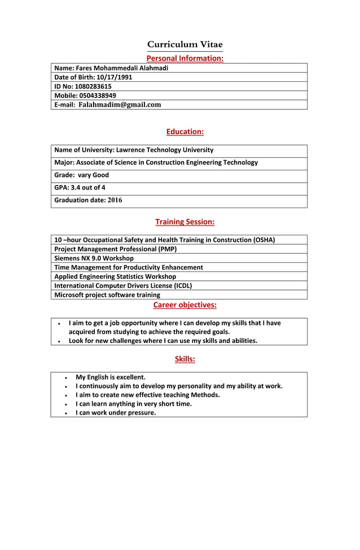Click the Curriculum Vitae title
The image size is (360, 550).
pos(185,45)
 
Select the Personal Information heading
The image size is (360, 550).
pos(185,58)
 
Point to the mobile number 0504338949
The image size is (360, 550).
pos(98,95)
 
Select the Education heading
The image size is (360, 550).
pos(185,131)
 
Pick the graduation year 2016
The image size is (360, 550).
pos(115,200)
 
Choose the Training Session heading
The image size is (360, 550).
pos(185,222)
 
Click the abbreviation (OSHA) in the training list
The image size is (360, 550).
pos(264,240)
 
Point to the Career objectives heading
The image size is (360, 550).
pos(185,305)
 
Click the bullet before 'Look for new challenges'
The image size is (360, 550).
pos(59,341)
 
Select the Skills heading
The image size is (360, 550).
pos(185,359)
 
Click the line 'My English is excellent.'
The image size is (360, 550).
pos(111,377)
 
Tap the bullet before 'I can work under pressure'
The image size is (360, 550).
pos(67,413)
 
